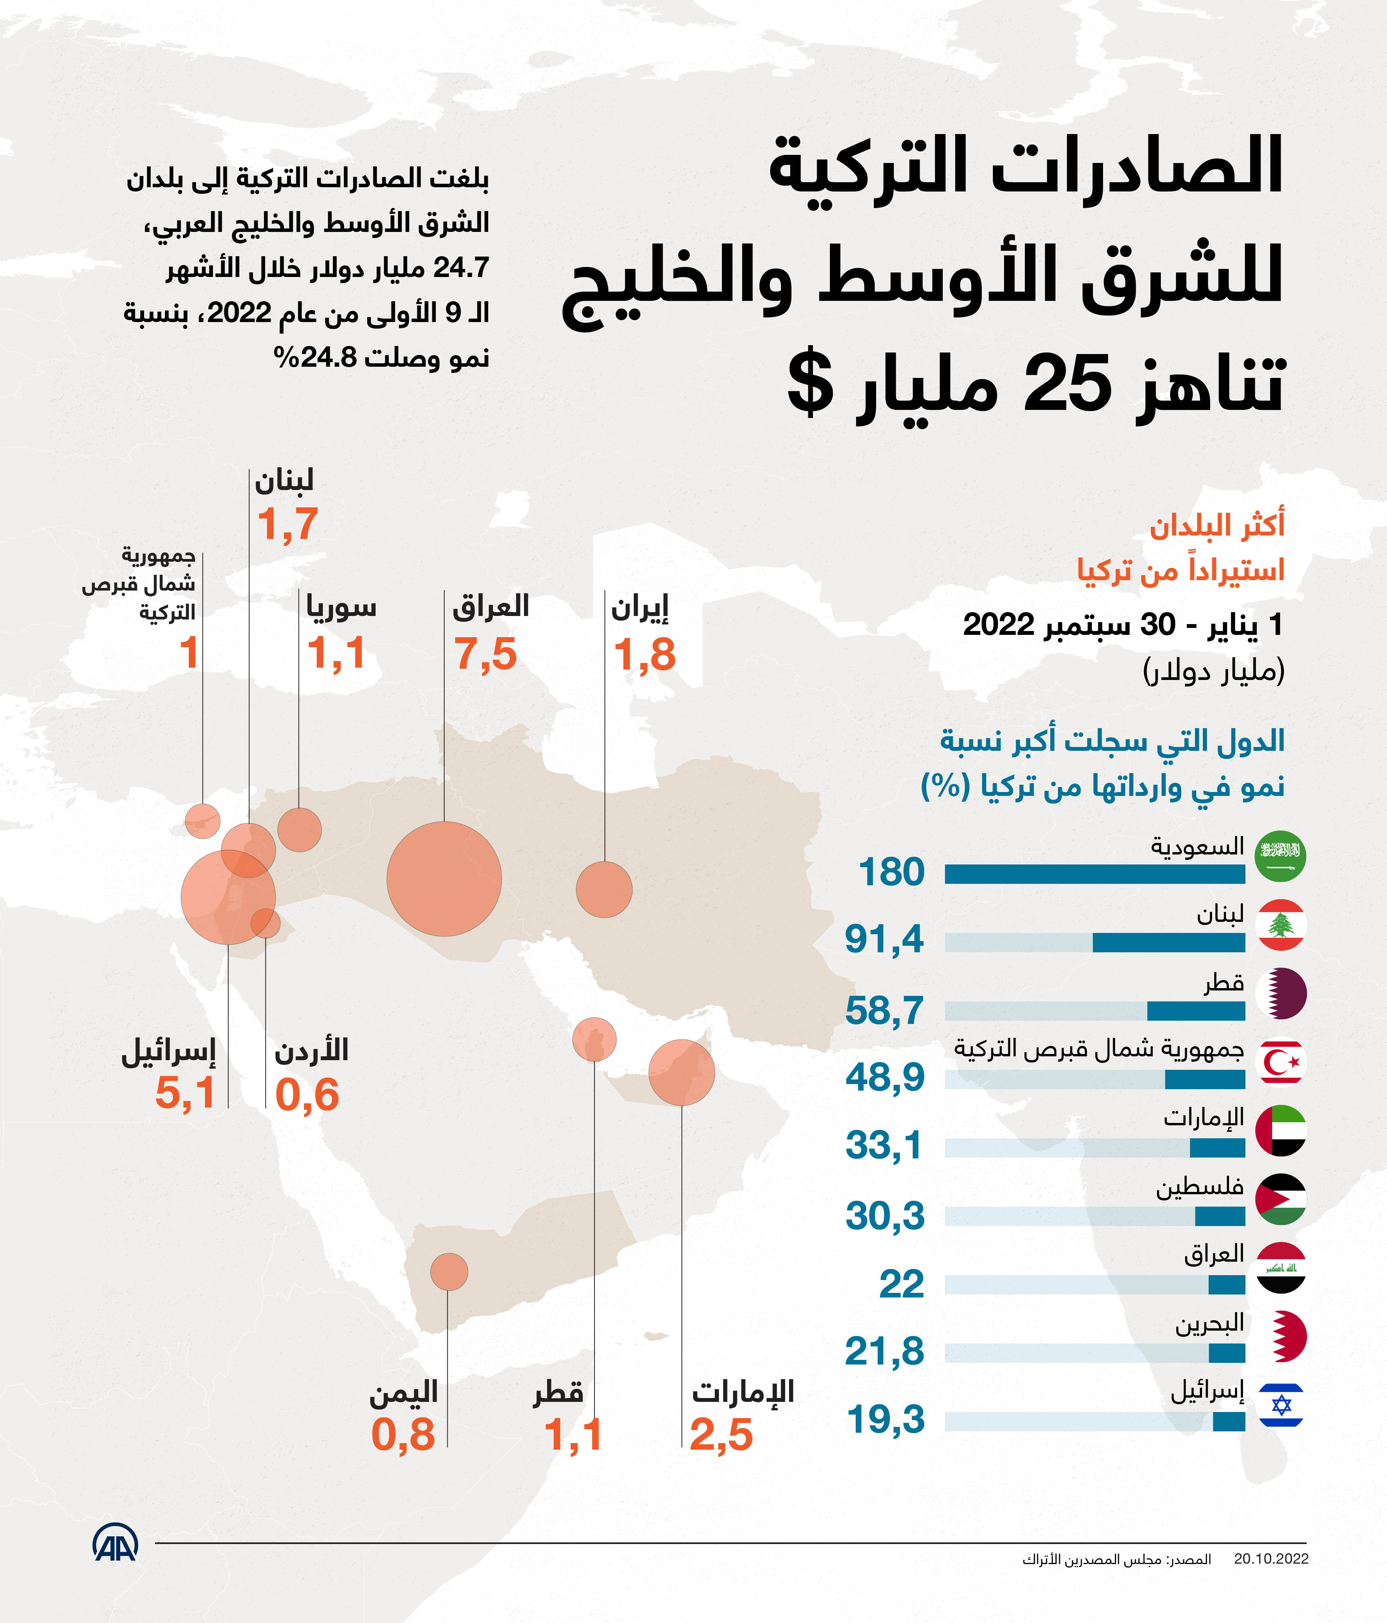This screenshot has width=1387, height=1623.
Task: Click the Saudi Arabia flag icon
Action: tap(1281, 856)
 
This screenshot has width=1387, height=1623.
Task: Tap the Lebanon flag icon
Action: tap(1281, 925)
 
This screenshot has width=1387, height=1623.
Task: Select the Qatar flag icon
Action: tap(1281, 993)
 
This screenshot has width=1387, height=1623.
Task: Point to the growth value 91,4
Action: tap(885, 938)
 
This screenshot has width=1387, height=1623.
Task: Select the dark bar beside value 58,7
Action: tap(1196, 1011)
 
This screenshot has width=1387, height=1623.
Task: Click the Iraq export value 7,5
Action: tap(485, 654)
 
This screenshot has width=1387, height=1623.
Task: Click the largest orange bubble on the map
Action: tap(444, 879)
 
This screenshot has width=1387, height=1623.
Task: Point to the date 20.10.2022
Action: tap(1271, 1559)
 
